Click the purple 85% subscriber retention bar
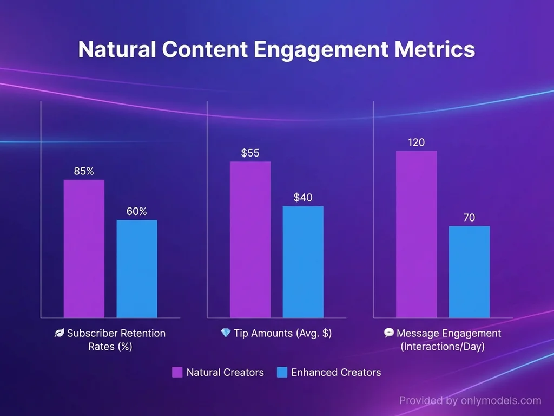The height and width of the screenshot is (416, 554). click(84, 249)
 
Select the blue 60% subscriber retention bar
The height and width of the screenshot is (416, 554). click(137, 269)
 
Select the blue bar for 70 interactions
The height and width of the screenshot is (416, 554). click(469, 271)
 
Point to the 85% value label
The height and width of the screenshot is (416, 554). click(84, 171)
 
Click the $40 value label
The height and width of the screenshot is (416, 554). click(303, 198)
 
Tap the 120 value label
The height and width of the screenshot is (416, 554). click(416, 142)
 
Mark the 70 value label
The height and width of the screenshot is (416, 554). click(469, 218)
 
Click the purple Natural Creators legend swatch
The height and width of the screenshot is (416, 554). click(177, 372)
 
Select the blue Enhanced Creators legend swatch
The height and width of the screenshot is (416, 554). click(281, 372)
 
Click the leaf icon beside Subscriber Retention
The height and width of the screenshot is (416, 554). click(60, 333)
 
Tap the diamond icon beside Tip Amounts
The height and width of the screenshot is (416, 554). click(226, 333)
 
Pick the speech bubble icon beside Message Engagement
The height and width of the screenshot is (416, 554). click(388, 333)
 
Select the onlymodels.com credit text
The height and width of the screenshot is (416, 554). click(470, 401)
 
